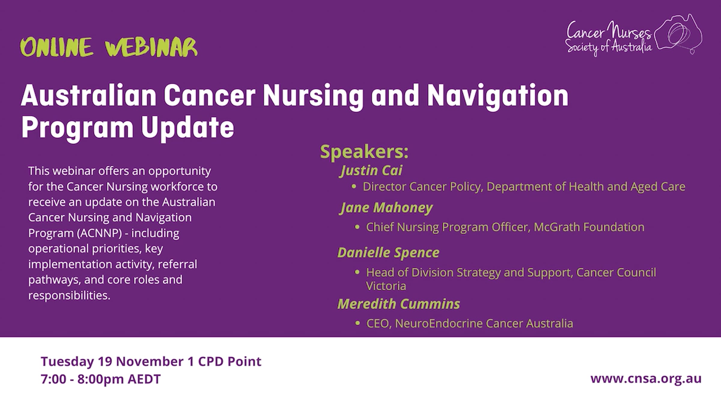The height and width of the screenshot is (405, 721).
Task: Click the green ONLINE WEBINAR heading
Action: [109, 47]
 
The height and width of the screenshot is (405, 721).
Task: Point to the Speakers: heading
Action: [364, 152]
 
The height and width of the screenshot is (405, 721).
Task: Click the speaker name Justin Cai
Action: [371, 171]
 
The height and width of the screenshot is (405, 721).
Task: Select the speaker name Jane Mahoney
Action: [386, 208]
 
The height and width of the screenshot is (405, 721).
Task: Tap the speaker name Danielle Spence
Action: [388, 253]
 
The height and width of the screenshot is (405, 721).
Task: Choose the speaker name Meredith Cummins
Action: [399, 304]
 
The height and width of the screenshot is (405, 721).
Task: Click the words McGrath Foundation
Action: [589, 227]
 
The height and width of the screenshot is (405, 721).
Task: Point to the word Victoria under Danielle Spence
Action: [386, 286]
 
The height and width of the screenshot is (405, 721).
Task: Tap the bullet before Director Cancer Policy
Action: [354, 187]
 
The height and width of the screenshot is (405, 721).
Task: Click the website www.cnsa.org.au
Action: [646, 378]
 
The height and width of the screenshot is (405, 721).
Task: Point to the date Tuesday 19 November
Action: [112, 361]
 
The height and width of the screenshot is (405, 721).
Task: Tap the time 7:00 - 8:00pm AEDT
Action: [101, 379]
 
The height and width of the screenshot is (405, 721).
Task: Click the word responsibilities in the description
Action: [69, 295]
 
